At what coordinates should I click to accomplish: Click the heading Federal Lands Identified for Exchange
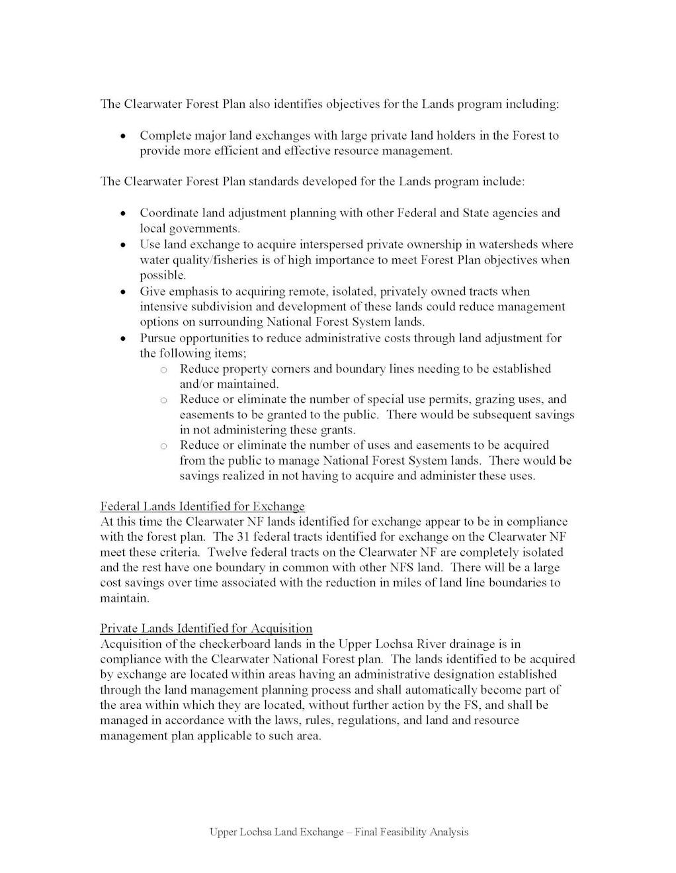click(202, 506)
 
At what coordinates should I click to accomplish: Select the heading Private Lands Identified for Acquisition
click(206, 628)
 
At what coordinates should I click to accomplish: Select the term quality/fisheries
click(200, 260)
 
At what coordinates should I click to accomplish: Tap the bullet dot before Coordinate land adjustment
click(123, 213)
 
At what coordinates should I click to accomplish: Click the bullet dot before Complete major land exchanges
click(123, 136)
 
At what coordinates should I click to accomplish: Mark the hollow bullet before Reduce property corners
click(163, 369)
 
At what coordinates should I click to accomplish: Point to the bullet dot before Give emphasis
click(123, 292)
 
